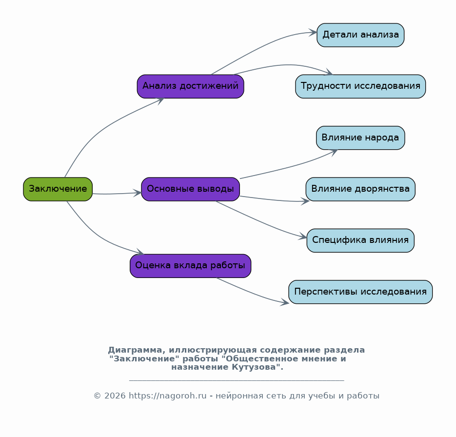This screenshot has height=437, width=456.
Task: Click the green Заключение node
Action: pyautogui.click(x=58, y=189)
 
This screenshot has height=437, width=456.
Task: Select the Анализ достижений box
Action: pyautogui.click(x=191, y=86)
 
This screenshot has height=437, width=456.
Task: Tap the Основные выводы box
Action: pyautogui.click(x=191, y=189)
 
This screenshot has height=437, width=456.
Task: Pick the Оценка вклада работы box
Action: pyautogui.click(x=191, y=266)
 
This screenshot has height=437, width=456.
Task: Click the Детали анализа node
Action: pyautogui.click(x=360, y=35)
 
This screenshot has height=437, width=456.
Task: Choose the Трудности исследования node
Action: pyautogui.click(x=360, y=86)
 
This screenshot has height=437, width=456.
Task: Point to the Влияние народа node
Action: pyautogui.click(x=360, y=138)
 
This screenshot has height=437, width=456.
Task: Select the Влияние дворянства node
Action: pyautogui.click(x=360, y=189)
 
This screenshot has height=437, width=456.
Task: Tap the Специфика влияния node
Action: pyautogui.click(x=360, y=240)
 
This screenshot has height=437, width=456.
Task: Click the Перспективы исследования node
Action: pyautogui.click(x=360, y=292)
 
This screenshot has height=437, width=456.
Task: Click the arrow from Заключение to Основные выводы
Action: pyautogui.click(x=117, y=194)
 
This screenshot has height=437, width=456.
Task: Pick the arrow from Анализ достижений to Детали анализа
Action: pyautogui.click(x=262, y=46)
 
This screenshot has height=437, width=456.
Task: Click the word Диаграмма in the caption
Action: pyautogui.click(x=137, y=350)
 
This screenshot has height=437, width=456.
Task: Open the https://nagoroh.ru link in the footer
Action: pyautogui.click(x=167, y=396)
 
